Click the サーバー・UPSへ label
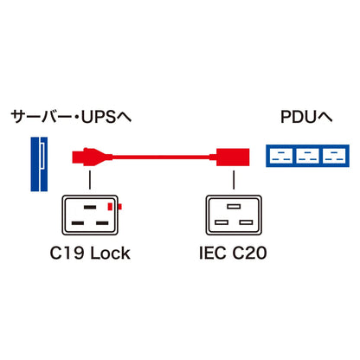pos(71,117)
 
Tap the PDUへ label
pos(306,117)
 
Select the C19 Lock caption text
pos(90,254)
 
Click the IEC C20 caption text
pos(233,253)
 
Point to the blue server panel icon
pos(39,164)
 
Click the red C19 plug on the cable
pos(92,157)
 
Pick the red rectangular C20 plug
pos(233,157)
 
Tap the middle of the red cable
pos(161,157)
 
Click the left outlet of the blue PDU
pos(280,156)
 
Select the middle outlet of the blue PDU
pos(307,156)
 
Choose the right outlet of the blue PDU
pos(335,156)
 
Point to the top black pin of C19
pos(90,207)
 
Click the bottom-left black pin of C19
pos(78,223)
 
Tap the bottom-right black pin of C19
pos(102,223)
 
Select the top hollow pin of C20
pos(234,207)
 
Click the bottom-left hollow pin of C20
pos(222,222)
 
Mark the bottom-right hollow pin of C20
pos(246,222)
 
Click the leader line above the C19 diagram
pos(90,180)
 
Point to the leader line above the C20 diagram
pos(234,180)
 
